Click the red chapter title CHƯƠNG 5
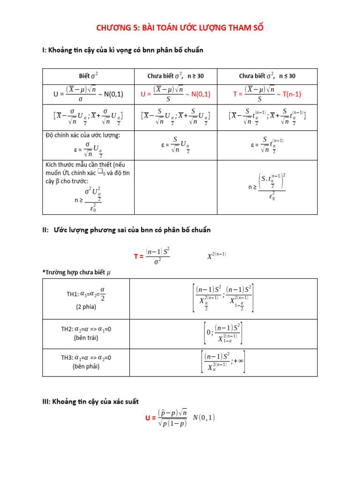tap(180, 28)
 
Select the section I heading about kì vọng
tap(123, 50)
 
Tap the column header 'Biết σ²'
tap(88, 75)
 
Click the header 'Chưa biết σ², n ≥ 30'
tap(175, 75)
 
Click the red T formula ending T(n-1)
tap(267, 94)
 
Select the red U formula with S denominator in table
tap(175, 94)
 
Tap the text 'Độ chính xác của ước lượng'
tap(83, 135)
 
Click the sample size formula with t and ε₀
tap(267, 186)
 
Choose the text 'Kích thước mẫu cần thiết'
tap(85, 165)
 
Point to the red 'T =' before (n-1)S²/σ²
tap(139, 256)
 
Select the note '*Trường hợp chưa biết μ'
tap(76, 272)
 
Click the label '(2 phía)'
tap(85, 307)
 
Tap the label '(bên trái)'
tap(86, 337)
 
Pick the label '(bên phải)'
tap(86, 367)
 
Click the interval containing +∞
tap(223, 362)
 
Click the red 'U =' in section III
tap(150, 418)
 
